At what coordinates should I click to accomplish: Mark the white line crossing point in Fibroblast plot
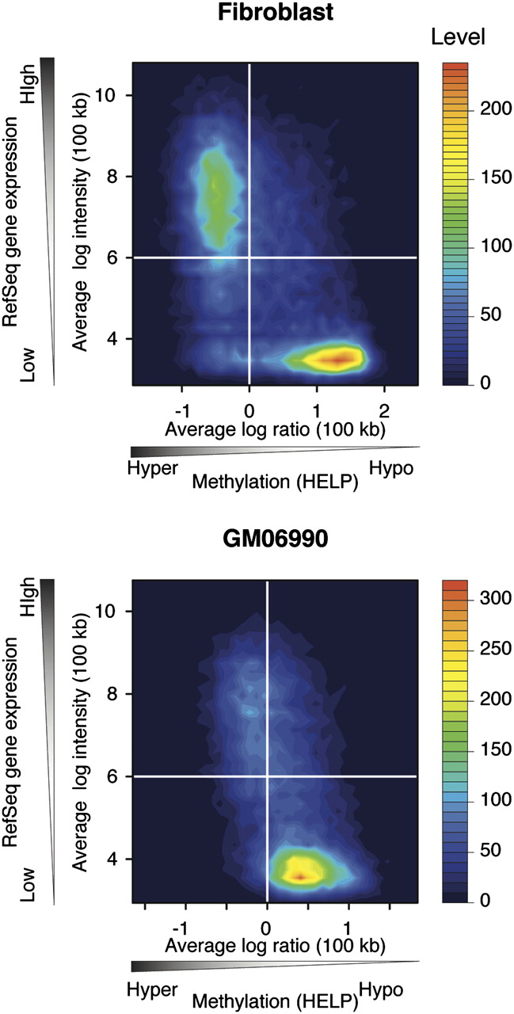(249, 257)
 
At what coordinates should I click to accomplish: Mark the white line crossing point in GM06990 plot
(267, 776)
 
